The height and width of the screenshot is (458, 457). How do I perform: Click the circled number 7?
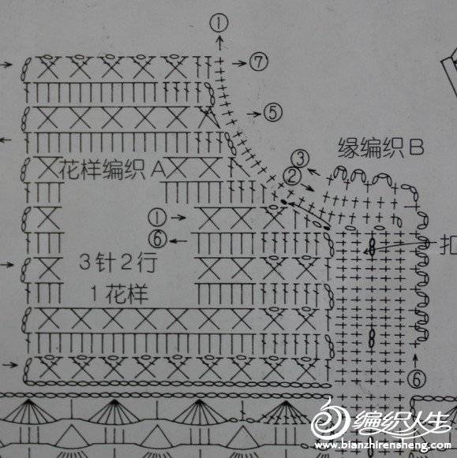click(x=258, y=62)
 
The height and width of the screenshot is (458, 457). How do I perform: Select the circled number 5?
click(x=273, y=113)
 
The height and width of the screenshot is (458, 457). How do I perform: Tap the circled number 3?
click(x=300, y=158)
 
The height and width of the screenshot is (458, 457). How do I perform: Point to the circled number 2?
click(x=292, y=176)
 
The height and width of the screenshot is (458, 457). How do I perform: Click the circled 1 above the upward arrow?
click(x=219, y=23)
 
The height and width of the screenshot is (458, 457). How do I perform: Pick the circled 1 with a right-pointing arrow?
click(x=157, y=218)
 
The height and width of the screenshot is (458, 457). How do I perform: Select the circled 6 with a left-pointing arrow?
click(x=158, y=240)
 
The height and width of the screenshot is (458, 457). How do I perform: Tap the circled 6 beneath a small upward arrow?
click(x=417, y=379)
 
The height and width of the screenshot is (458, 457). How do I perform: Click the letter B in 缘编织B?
click(x=416, y=147)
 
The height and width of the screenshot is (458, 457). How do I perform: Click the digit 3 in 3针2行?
click(x=84, y=261)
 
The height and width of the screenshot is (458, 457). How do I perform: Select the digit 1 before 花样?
click(x=94, y=293)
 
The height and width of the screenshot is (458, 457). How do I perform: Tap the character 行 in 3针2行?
click(x=148, y=262)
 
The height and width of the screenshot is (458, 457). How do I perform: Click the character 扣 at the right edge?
click(x=449, y=244)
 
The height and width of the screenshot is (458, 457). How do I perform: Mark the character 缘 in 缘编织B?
click(x=348, y=147)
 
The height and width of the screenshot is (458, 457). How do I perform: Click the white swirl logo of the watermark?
click(x=329, y=417)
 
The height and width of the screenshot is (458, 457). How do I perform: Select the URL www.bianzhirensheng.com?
click(x=383, y=445)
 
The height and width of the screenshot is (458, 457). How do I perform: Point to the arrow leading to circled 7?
click(x=240, y=62)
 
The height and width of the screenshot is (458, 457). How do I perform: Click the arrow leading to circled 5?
click(x=254, y=114)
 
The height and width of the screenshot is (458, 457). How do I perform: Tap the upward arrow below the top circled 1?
click(x=219, y=43)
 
